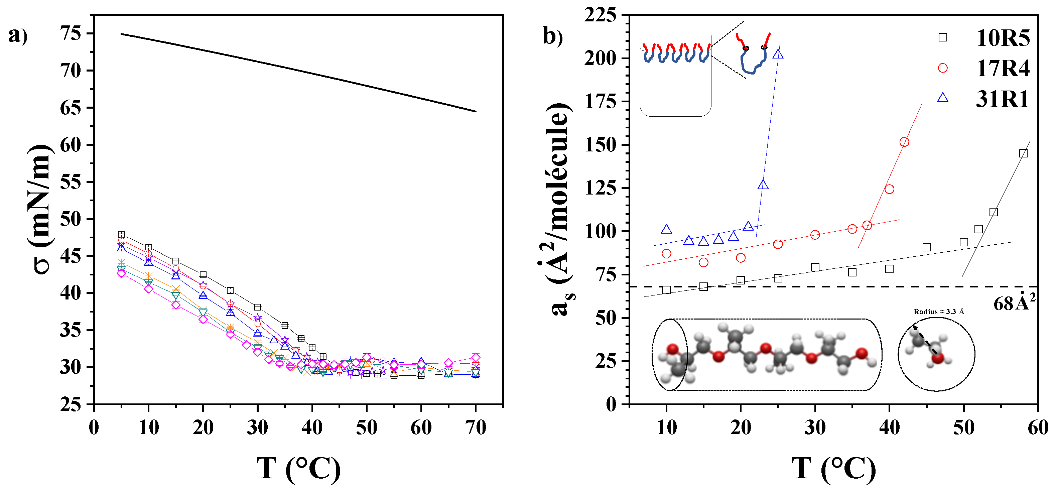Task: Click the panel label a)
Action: coord(18,36)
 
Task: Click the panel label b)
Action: coord(552,36)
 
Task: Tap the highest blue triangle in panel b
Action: coord(778,54)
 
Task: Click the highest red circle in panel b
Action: coord(904,142)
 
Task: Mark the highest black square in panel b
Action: coord(1023,153)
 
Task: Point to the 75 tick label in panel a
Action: coord(71,34)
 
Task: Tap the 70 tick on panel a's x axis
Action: coord(476,428)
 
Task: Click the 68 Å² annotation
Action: coord(1014,303)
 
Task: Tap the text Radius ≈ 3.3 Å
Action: coord(939,312)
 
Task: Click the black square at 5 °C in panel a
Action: coord(121,234)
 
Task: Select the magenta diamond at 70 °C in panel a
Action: coord(476,358)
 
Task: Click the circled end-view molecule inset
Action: coord(936,354)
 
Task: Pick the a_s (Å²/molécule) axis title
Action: coord(560,209)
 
